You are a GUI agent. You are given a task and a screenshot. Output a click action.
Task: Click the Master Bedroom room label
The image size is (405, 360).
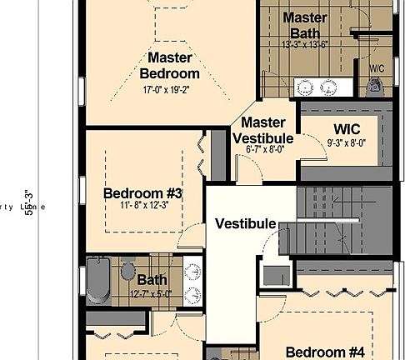click(171, 65)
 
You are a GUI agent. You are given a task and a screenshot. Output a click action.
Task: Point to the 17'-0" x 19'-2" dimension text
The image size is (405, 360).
click(171, 89)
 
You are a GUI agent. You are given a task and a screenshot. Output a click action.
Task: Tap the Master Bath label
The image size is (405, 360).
click(304, 25)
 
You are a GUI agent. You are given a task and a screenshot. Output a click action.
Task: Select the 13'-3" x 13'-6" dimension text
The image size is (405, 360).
click(304, 45)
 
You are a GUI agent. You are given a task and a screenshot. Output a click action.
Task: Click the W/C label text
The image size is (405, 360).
click(375, 67)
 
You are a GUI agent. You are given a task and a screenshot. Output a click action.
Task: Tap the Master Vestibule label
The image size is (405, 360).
click(262, 130)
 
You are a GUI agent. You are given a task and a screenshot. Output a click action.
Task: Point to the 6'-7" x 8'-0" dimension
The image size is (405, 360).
click(264, 149)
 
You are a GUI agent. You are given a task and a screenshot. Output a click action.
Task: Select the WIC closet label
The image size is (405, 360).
click(346, 129)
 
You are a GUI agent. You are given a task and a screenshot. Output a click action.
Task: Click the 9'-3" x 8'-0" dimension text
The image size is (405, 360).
click(346, 142)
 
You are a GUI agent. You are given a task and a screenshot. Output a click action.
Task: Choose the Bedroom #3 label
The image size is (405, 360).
click(142, 193)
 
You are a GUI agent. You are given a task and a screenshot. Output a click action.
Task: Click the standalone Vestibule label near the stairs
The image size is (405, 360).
click(245, 223)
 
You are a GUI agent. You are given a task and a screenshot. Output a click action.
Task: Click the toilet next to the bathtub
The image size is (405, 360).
click(127, 271)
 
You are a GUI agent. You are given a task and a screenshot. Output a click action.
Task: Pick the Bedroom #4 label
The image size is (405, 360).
click(324, 352)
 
